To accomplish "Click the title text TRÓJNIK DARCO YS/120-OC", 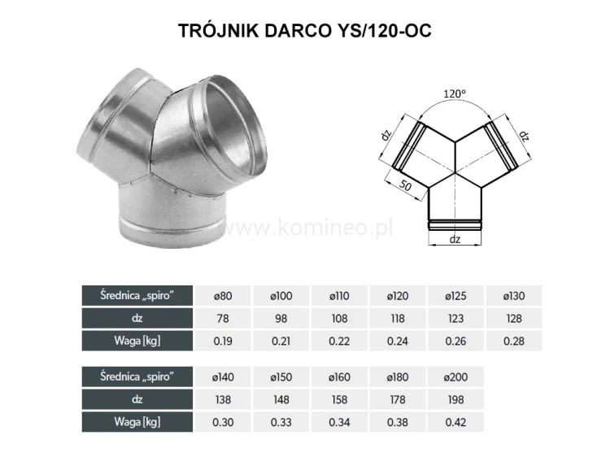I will [304, 31].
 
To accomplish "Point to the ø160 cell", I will [340, 377].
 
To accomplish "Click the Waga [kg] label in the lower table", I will [137, 421].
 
